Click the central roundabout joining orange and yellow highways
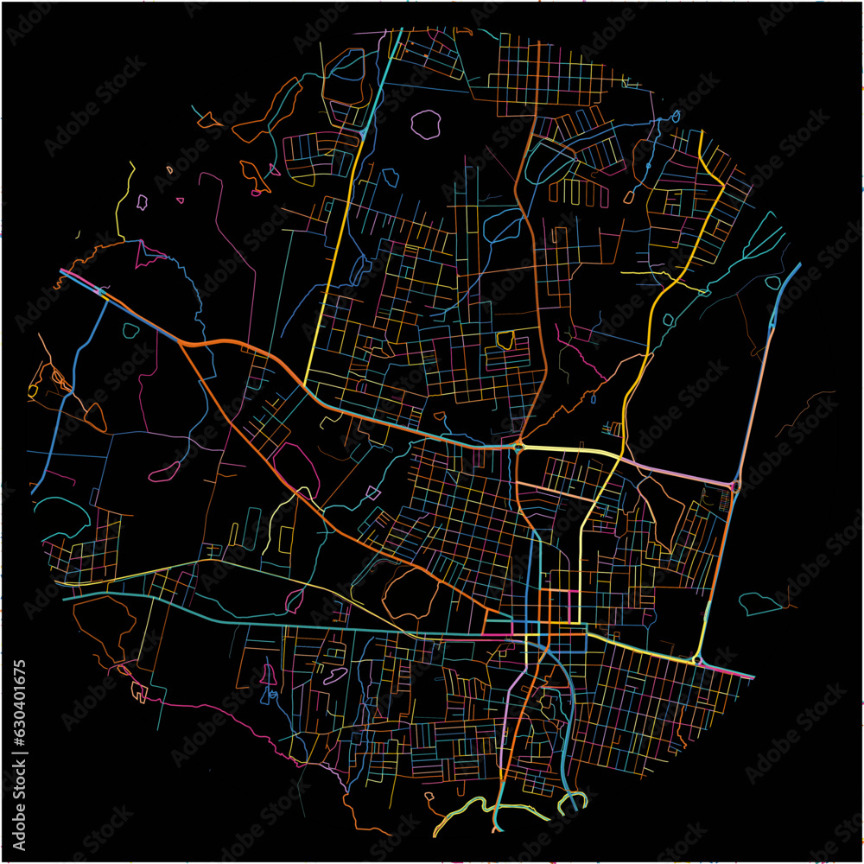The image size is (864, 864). (518, 446)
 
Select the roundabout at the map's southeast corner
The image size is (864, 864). (696, 660)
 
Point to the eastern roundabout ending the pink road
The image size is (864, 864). (734, 486)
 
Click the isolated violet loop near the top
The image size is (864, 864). (425, 124)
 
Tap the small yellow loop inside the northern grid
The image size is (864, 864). (505, 340)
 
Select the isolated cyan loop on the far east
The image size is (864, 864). (760, 603)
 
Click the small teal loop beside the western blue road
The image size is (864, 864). (130, 330)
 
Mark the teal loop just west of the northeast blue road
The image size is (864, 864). (773, 283)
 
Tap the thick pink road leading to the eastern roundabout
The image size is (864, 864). (683, 471)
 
